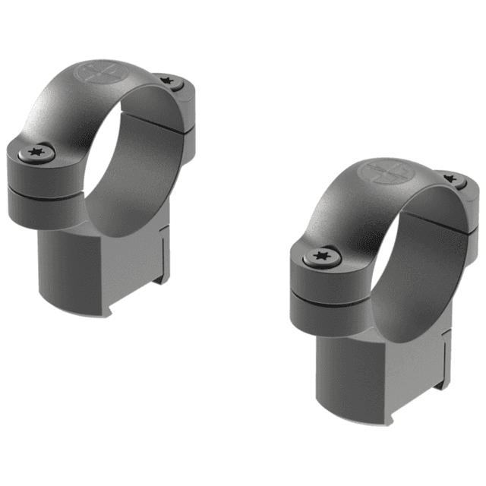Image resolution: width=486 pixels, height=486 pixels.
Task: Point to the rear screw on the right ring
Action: pos(453,180)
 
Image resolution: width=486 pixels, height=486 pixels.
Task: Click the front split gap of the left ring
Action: pos(46,190)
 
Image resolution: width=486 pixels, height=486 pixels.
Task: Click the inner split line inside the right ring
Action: pos(444,220)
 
